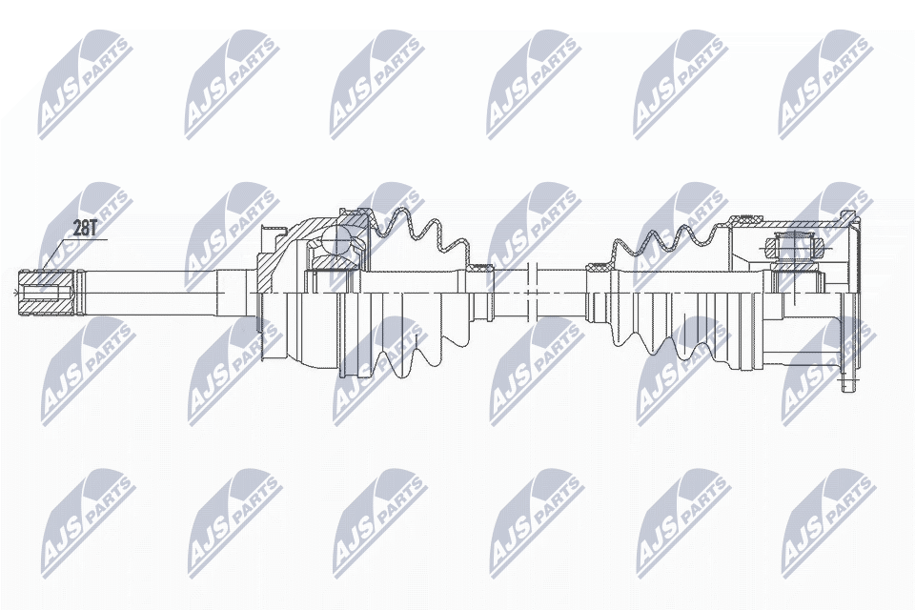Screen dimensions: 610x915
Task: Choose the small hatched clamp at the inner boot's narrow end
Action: click(x=599, y=271)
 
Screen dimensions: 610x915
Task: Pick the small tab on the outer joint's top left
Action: click(x=277, y=230)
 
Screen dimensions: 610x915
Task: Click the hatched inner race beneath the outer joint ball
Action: click(x=334, y=261)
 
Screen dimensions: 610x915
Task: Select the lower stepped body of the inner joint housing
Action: click(x=810, y=343)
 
